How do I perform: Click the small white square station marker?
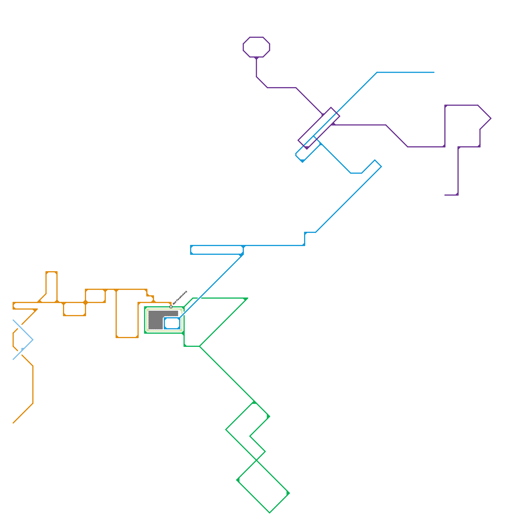[171, 307]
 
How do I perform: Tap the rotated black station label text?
[180, 297]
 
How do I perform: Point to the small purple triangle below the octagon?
[256, 58]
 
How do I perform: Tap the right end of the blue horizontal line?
[434, 72]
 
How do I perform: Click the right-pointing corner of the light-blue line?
[33, 340]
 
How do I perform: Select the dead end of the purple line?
[445, 195]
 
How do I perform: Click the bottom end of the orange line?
[13, 423]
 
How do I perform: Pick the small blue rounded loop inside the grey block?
[172, 323]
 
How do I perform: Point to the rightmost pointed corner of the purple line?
[491, 118]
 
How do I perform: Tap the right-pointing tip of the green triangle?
[247, 299]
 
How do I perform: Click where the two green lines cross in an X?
[256, 460]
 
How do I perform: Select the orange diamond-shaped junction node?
[85, 302]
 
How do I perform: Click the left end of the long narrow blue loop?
[191, 250]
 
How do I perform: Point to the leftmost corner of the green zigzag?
[226, 429]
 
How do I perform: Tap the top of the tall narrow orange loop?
[52, 272]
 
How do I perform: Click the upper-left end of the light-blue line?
[13, 320]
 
